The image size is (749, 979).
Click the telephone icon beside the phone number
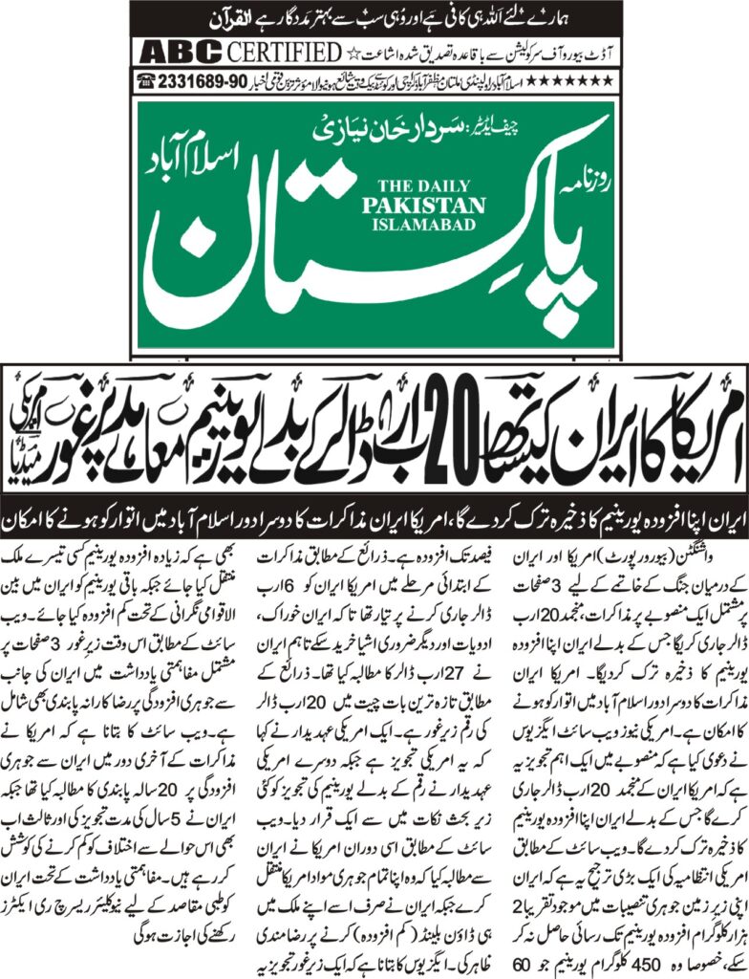pyautogui.click(x=147, y=79)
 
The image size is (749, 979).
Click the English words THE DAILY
pyautogui.click(x=434, y=187)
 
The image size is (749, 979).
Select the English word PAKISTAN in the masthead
pyautogui.click(x=434, y=204)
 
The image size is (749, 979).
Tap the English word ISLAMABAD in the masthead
pyautogui.click(x=434, y=221)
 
